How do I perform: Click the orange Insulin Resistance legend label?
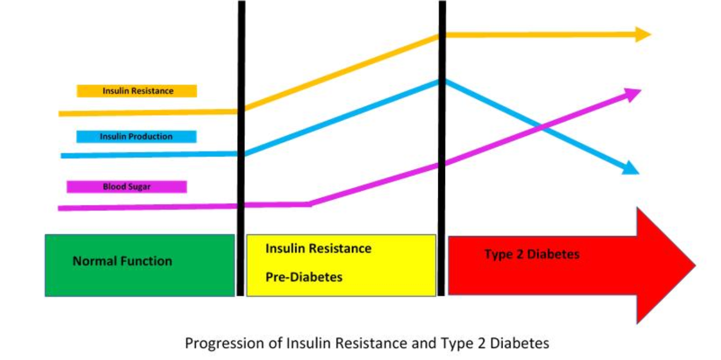(137, 91)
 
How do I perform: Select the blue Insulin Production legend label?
(136, 136)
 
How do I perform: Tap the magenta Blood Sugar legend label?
(127, 187)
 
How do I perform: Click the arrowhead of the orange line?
(643, 35)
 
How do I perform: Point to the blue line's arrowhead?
(631, 168)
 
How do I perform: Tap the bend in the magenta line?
(309, 204)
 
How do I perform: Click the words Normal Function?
(122, 261)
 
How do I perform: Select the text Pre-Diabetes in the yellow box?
(304, 277)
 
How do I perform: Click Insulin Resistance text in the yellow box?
(318, 248)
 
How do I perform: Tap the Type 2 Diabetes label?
(532, 254)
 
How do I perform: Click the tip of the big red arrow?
(696, 265)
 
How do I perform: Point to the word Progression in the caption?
(225, 343)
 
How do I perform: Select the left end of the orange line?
(59, 114)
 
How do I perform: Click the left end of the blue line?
(61, 156)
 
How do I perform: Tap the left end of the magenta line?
(59, 209)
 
